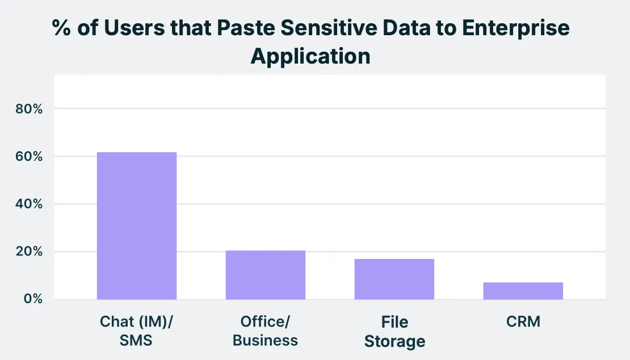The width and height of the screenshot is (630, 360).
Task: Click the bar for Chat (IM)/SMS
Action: click(137, 225)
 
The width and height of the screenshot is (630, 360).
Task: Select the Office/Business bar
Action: click(266, 275)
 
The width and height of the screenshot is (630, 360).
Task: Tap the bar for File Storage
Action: click(394, 279)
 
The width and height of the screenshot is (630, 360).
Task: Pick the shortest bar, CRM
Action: click(523, 291)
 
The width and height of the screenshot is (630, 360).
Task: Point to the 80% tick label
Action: click(30, 108)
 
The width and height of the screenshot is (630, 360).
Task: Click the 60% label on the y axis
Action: click(30, 156)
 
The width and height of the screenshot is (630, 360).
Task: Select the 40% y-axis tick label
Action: click(30, 204)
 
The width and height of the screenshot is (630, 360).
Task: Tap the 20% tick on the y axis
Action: click(30, 252)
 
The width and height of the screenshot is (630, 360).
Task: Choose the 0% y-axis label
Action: click(33, 299)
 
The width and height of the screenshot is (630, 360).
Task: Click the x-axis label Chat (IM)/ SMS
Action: click(136, 331)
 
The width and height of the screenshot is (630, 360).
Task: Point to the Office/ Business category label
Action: click(266, 331)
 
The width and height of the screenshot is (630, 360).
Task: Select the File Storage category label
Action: click(394, 332)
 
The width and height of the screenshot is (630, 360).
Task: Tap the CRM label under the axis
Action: click(523, 322)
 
